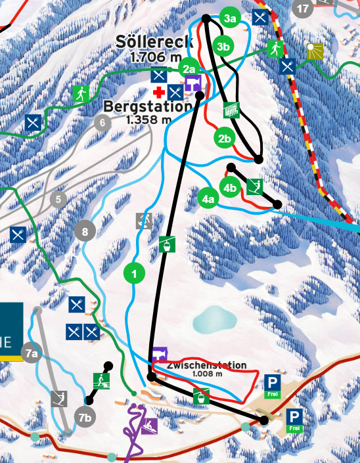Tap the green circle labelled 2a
click(189, 69)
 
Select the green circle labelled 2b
click(225, 139)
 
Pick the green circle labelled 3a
click(229, 19)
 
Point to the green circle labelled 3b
click(223, 46)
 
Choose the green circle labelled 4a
click(208, 198)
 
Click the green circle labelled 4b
click(229, 188)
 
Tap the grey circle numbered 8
click(85, 231)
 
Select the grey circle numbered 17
click(302, 9)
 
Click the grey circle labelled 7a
click(32, 353)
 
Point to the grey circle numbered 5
click(58, 199)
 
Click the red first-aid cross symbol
click(158, 92)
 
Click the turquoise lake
click(214, 319)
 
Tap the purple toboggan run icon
click(149, 426)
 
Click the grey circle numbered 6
click(102, 123)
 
